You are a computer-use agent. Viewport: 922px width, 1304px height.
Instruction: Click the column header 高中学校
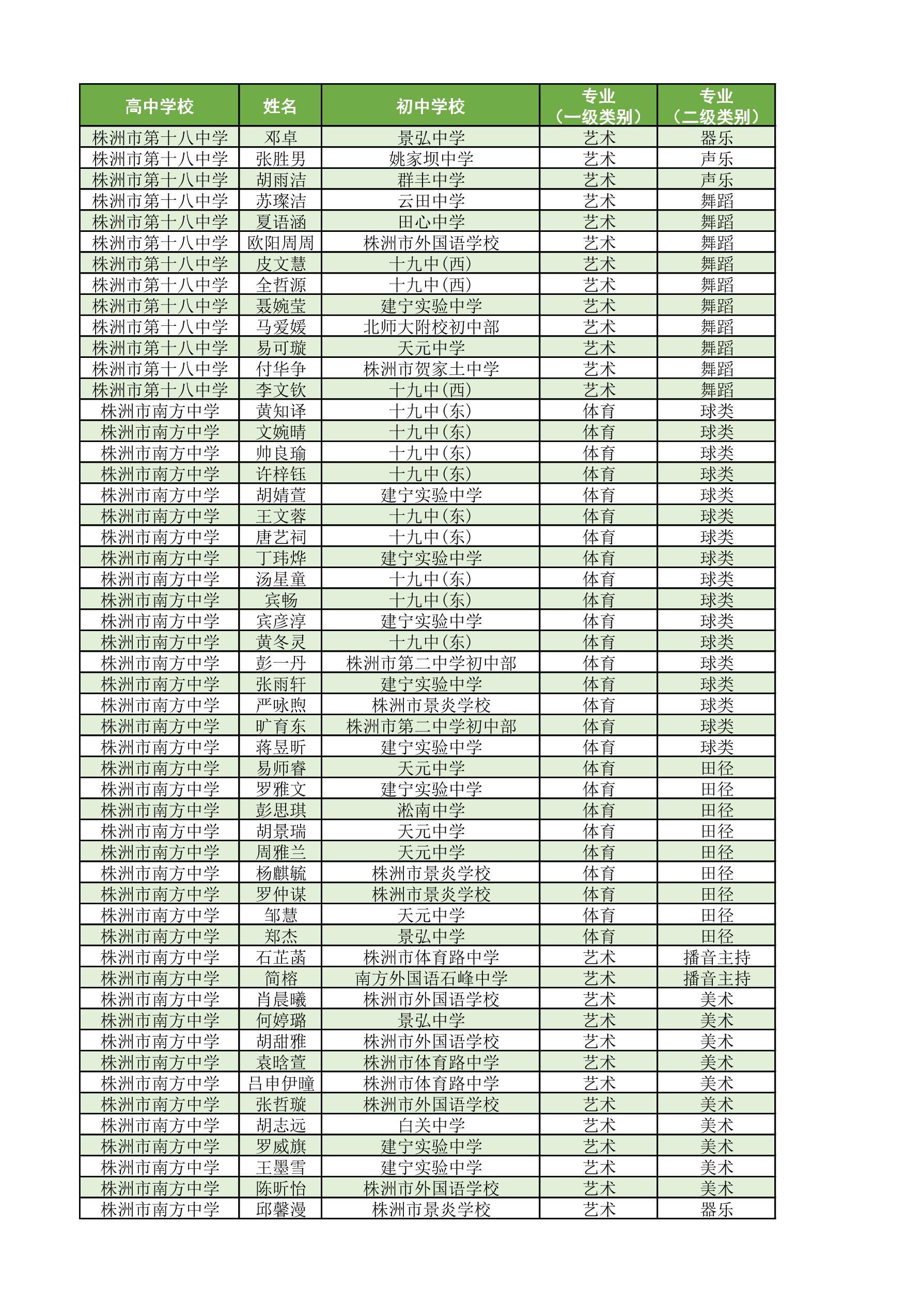coord(159,106)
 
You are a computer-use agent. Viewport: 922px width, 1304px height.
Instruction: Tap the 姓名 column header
coord(280,106)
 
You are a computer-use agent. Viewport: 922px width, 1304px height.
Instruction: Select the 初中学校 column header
coord(430,106)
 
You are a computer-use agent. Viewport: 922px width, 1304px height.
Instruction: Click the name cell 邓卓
coord(280,137)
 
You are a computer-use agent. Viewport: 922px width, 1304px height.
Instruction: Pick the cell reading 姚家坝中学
coord(430,159)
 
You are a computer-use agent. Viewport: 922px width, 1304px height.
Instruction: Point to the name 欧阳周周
coord(280,243)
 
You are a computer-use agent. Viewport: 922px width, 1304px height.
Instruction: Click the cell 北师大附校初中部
coord(430,327)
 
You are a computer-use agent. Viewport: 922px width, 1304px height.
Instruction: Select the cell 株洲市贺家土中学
coord(430,369)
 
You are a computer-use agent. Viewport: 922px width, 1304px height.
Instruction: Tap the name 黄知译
coord(280,411)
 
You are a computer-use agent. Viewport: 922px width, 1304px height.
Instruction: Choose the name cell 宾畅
coord(280,600)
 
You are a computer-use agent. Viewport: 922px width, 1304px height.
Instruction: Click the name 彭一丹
coord(280,663)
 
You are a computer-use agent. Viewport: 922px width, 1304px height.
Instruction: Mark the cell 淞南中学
coord(430,810)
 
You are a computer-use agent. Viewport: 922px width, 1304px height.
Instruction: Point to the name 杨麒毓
coord(280,873)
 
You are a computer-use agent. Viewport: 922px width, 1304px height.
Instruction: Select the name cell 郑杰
coord(280,936)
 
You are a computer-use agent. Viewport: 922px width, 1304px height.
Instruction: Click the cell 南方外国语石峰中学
coord(430,979)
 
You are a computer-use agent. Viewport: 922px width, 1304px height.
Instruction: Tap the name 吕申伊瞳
coord(280,1083)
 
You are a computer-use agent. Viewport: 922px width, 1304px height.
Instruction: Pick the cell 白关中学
coord(430,1126)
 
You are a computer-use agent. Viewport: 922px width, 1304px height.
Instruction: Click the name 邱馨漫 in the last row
coord(280,1209)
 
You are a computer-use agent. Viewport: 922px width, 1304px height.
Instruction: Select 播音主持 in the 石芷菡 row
coord(716,957)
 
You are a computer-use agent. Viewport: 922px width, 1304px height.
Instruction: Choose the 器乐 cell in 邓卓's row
coord(716,137)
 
